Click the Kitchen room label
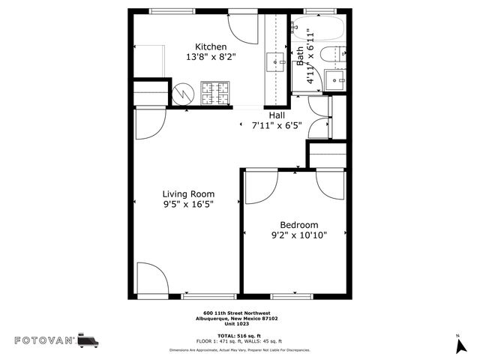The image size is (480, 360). (211, 46)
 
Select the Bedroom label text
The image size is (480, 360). (298, 225)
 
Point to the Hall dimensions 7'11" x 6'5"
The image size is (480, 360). (277, 126)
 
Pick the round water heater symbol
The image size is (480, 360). (182, 94)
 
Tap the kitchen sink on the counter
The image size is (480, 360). (275, 62)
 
